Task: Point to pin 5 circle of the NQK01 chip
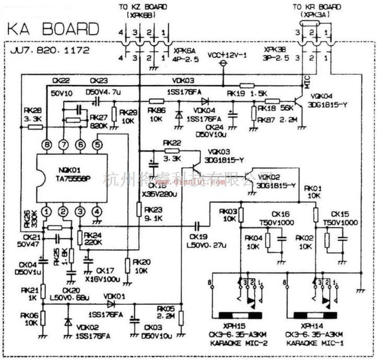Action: [97, 144]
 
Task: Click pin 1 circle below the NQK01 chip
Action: [47, 212]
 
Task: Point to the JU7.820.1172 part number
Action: [50, 51]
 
